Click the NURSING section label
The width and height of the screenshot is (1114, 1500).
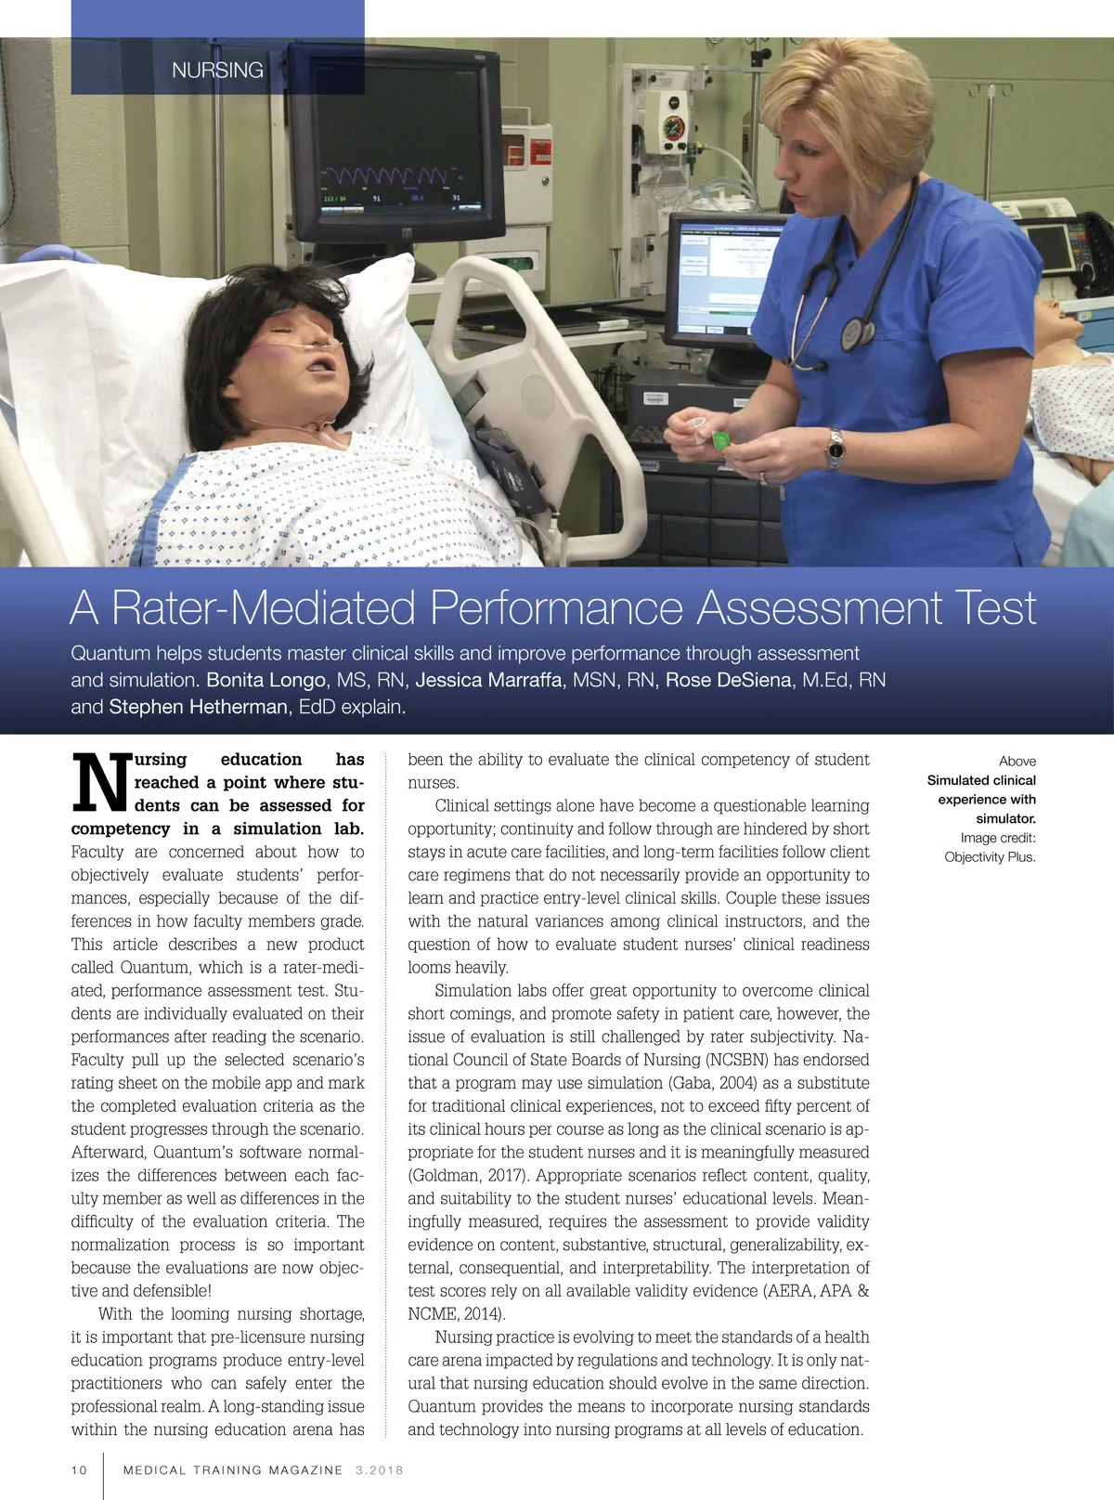click(x=217, y=70)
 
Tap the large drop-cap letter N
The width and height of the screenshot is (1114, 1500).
click(x=100, y=782)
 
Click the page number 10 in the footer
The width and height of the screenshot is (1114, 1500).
click(x=79, y=1469)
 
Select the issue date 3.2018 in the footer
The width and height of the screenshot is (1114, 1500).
click(x=379, y=1469)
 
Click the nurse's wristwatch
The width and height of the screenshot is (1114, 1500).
click(x=835, y=450)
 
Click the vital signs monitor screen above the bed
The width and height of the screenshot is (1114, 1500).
click(x=395, y=139)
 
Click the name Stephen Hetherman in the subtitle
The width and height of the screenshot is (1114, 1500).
click(x=198, y=707)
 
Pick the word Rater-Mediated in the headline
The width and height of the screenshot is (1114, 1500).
click(x=264, y=608)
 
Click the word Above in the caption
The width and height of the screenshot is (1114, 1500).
click(x=1017, y=761)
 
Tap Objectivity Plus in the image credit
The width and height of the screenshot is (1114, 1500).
click(x=990, y=856)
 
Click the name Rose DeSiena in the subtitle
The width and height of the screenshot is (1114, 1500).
click(x=729, y=680)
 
